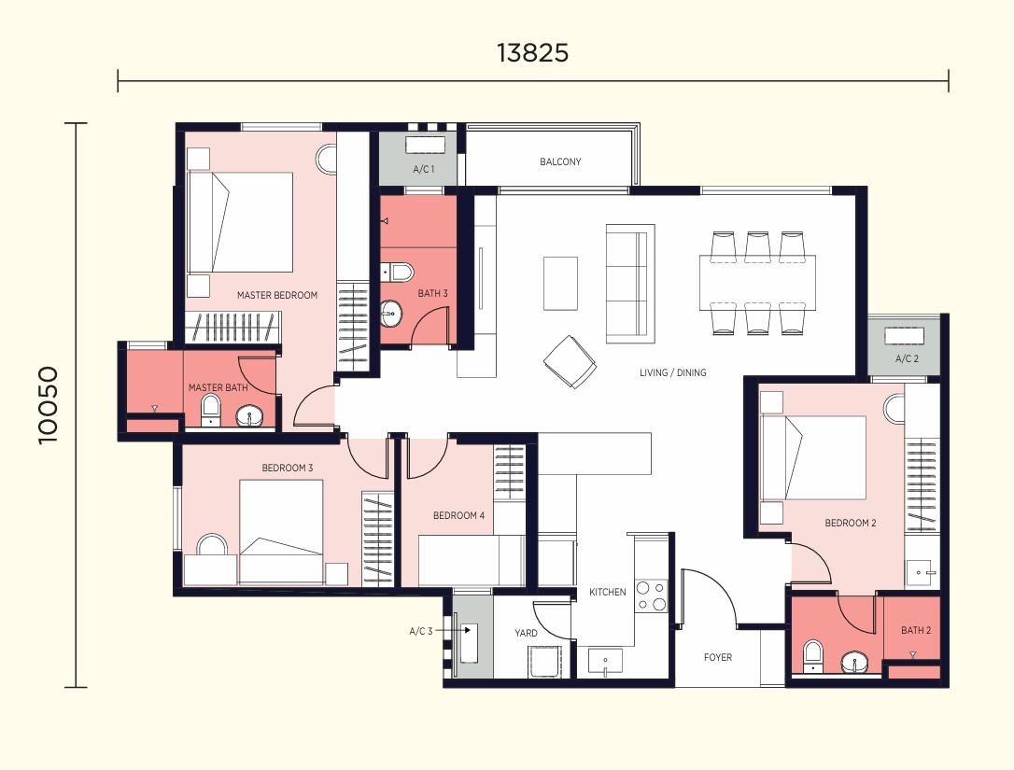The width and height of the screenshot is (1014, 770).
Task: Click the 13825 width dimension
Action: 533,53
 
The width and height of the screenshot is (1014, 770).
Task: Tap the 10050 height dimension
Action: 49,405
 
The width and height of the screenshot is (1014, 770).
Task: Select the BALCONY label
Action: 560,161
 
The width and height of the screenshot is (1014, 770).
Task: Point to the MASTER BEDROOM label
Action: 276,295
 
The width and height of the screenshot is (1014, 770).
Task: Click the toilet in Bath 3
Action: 396,273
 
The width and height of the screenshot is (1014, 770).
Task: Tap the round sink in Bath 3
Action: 390,315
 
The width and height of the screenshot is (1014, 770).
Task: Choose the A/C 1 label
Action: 424,169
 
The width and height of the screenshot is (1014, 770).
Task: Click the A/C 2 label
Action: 907,358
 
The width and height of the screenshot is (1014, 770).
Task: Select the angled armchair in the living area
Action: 570,361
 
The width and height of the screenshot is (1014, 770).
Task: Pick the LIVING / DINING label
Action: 672,372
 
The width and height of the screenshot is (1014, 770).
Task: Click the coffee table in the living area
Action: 560,283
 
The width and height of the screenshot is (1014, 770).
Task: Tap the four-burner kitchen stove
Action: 651,595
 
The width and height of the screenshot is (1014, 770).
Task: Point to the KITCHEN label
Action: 607,592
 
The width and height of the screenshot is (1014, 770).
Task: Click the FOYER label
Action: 718,657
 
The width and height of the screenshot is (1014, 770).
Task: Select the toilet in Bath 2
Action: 812,656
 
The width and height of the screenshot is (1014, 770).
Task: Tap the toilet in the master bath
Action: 211,410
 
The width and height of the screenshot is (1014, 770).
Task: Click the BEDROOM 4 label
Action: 458,515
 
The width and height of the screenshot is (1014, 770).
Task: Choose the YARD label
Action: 526,633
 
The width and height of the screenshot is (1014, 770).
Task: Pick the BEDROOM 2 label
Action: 851,523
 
